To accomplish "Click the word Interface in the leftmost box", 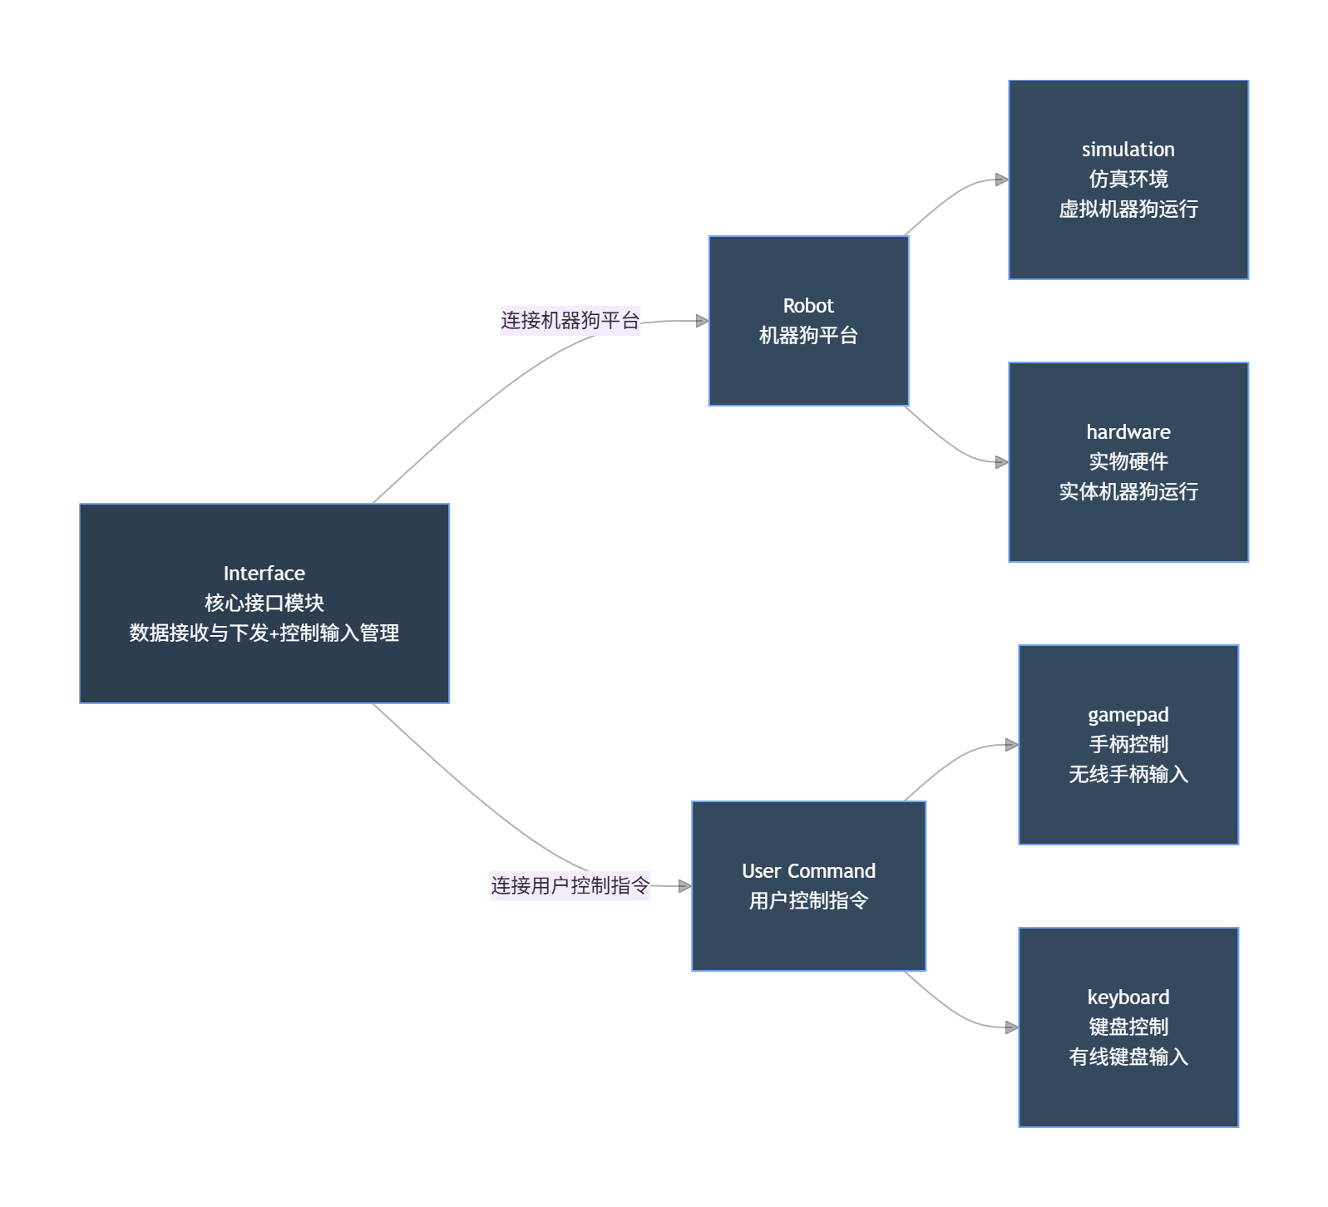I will pyautogui.click(x=264, y=574).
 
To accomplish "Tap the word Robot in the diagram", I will pyautogui.click(x=807, y=306).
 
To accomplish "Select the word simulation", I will pyautogui.click(x=1128, y=150).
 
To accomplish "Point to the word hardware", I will pyautogui.click(x=1128, y=432).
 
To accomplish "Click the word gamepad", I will pyautogui.click(x=1128, y=715).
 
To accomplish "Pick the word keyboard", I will pyautogui.click(x=1128, y=998).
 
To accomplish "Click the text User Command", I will pyautogui.click(x=808, y=871).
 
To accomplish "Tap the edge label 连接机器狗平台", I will pyautogui.click(x=570, y=320).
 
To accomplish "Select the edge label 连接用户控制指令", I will pyautogui.click(x=570, y=885).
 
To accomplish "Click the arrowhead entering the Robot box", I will pyautogui.click(x=702, y=320).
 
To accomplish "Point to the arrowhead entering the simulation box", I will pyautogui.click(x=1002, y=180).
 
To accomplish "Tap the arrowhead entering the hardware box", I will pyautogui.click(x=1002, y=462).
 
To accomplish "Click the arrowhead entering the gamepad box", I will pyautogui.click(x=1012, y=745).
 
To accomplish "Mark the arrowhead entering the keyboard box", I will pyautogui.click(x=1012, y=1027).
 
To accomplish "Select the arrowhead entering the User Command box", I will pyautogui.click(x=685, y=886).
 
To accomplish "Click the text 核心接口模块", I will pyautogui.click(x=264, y=603).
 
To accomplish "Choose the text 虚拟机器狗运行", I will pyautogui.click(x=1128, y=209).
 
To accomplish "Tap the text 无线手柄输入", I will pyautogui.click(x=1128, y=774).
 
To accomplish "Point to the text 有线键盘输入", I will pyautogui.click(x=1128, y=1057).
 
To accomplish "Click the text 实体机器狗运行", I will pyautogui.click(x=1128, y=491).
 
